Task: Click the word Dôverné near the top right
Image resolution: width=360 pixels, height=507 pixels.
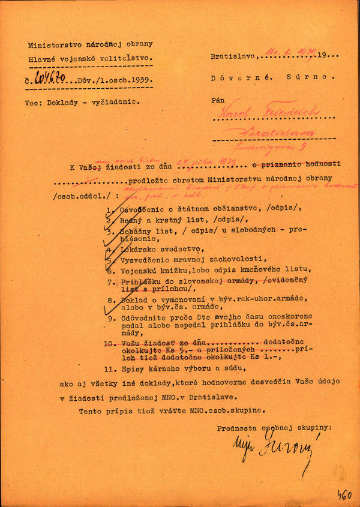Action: click(233, 77)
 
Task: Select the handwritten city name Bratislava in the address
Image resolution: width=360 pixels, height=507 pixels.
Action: click(279, 133)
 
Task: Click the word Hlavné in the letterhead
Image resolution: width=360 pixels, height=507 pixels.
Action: click(43, 59)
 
